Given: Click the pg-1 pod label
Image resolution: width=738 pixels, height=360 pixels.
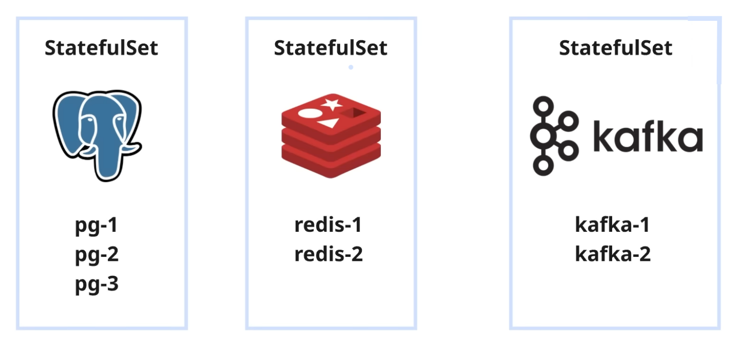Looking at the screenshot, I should coord(96,226).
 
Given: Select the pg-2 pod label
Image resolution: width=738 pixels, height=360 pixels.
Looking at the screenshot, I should coord(96,255).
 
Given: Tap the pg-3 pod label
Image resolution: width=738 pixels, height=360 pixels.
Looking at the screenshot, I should coord(96,285).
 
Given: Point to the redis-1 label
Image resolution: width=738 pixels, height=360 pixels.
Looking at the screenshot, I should coord(328,225).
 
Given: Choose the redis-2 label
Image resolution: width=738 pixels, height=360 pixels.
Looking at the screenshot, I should coord(328,255).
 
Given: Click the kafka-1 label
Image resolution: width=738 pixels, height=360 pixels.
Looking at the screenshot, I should coord(612,225).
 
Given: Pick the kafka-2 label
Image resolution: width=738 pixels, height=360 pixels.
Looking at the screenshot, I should coord(612,255).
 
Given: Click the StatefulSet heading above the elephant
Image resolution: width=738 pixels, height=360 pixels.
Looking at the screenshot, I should coord(101,48).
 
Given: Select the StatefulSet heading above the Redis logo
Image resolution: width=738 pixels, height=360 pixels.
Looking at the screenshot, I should coord(331,48).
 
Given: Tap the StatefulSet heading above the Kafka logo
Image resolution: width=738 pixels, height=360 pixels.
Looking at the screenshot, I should coord(616,48).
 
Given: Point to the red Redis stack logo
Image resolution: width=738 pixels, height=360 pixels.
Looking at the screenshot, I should coord(331,135).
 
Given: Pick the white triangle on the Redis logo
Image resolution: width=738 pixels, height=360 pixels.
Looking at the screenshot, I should coord(327,123).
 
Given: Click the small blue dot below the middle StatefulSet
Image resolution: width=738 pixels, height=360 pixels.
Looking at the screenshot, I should coord(351,67).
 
